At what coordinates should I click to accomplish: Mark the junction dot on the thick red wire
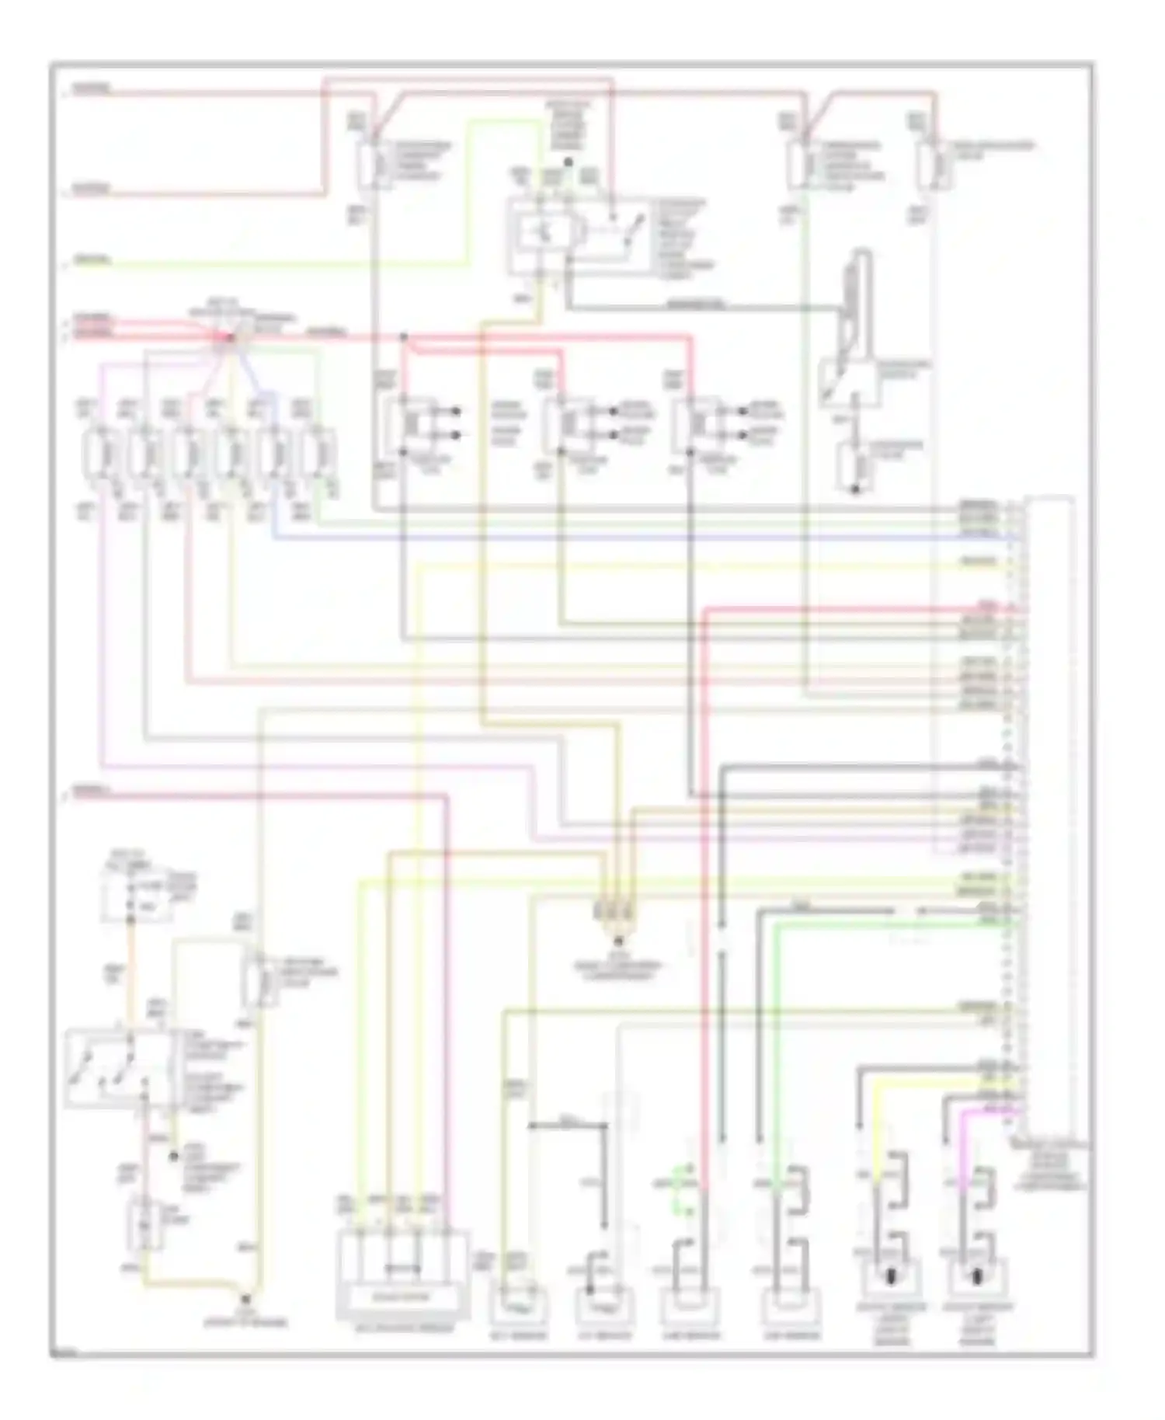pos(403,337)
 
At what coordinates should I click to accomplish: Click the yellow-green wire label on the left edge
pos(92,260)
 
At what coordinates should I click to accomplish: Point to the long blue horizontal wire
pos(621,538)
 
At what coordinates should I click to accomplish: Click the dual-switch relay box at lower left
pos(116,1068)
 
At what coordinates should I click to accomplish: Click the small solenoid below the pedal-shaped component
pos(854,468)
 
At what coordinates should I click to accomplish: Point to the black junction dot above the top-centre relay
pos(568,162)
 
